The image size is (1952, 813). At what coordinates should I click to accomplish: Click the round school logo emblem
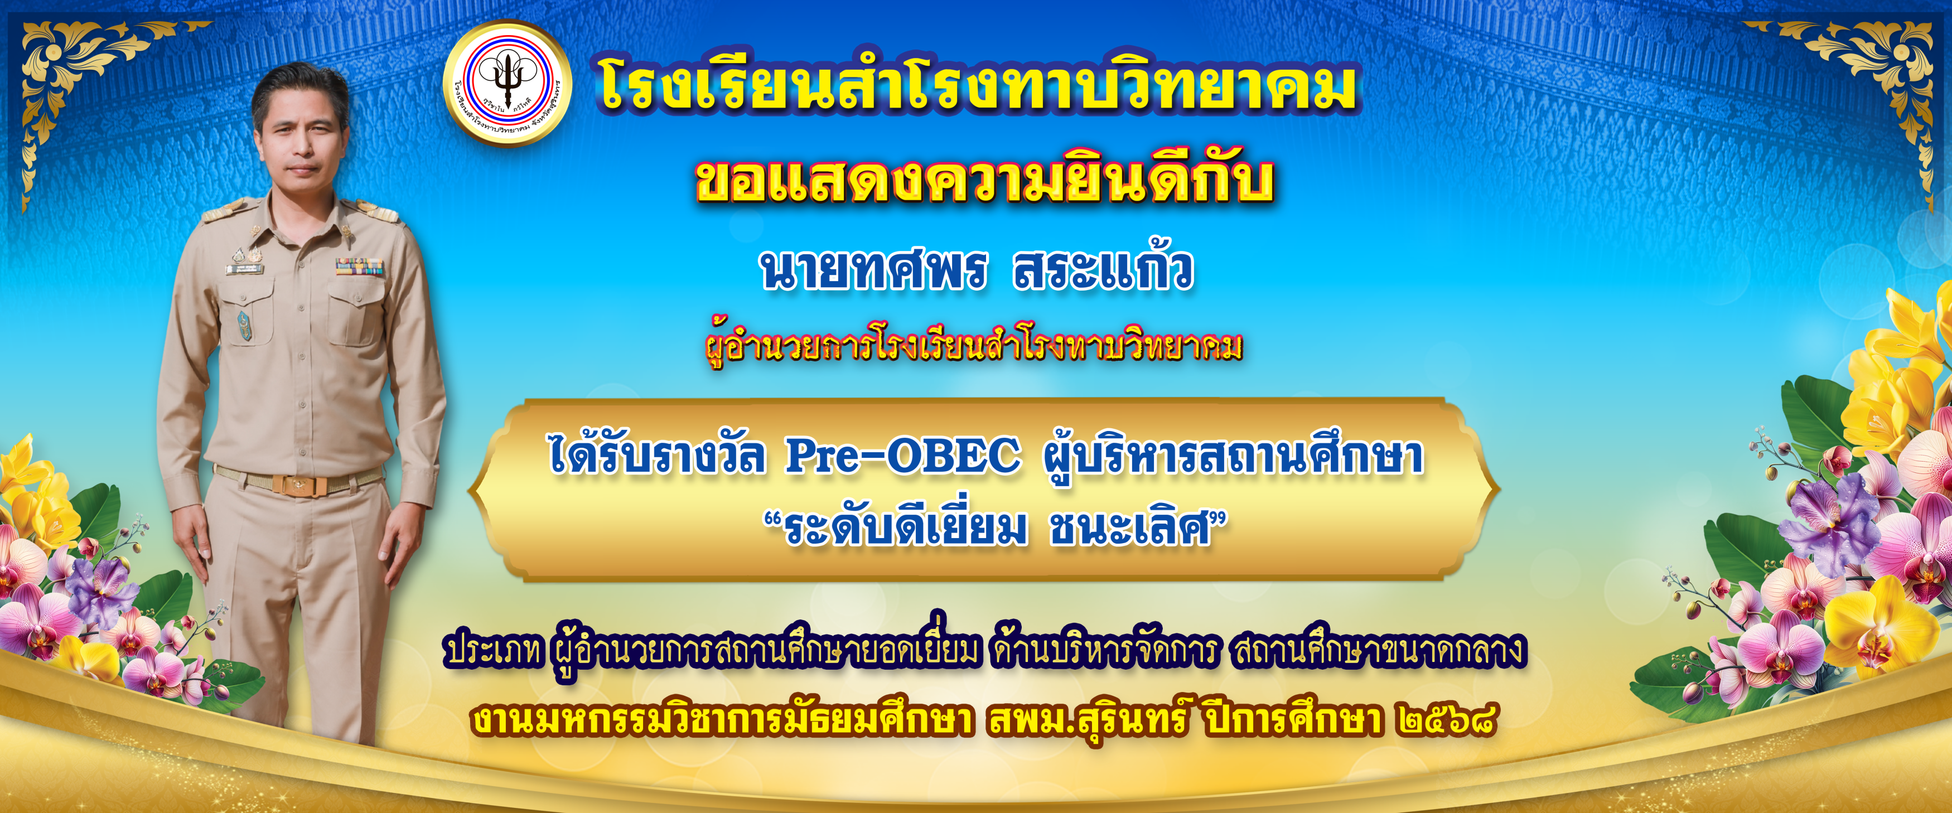507,83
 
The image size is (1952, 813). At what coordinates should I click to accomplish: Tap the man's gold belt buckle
292,483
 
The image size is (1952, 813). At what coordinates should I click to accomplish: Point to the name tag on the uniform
245,269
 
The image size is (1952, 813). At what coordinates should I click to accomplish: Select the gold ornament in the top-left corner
83,91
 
